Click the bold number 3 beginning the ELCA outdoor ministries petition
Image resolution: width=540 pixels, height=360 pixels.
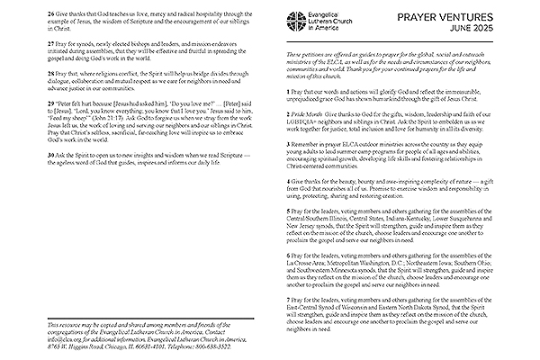coord(289,143)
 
